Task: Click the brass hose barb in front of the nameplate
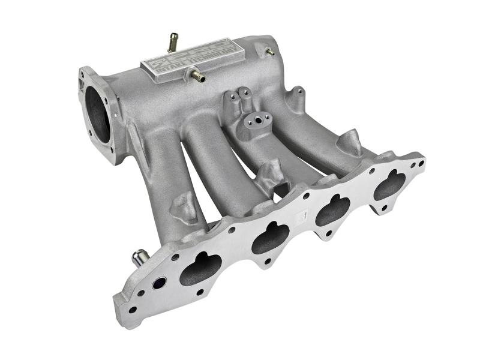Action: [196, 76]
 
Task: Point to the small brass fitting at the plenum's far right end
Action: [269, 52]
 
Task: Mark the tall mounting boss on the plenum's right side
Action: [296, 98]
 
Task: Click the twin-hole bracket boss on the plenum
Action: [239, 99]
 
